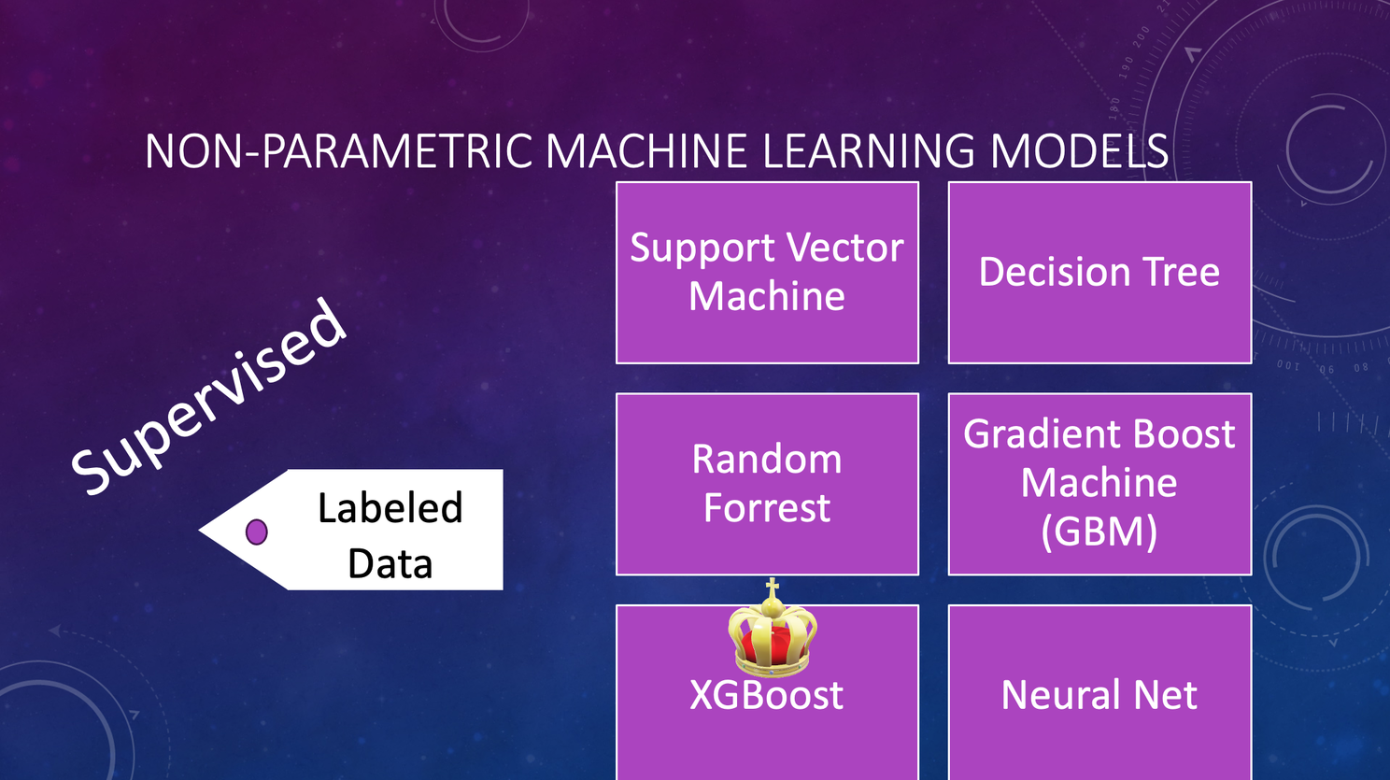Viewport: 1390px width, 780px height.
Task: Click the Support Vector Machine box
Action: (767, 273)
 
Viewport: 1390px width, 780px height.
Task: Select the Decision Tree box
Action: (1099, 273)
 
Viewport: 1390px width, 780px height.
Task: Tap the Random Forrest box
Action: (767, 484)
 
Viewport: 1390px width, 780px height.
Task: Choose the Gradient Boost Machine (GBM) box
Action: (1099, 484)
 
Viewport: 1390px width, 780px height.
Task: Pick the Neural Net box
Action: (1099, 692)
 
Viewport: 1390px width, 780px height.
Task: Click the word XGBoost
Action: (766, 694)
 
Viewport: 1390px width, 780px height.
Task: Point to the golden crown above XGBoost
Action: (772, 628)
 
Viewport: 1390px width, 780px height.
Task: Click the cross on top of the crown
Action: (772, 588)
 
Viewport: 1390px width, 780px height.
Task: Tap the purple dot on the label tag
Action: (256, 532)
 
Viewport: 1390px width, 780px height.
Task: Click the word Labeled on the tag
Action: (390, 507)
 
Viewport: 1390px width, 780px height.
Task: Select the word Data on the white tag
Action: (390, 563)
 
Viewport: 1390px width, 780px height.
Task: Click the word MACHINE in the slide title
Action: (646, 150)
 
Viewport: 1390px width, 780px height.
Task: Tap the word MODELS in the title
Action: (1079, 150)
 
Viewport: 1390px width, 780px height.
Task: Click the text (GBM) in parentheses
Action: (1099, 532)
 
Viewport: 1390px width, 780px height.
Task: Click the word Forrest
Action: (767, 507)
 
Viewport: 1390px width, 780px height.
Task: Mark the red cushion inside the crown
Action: (772, 645)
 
